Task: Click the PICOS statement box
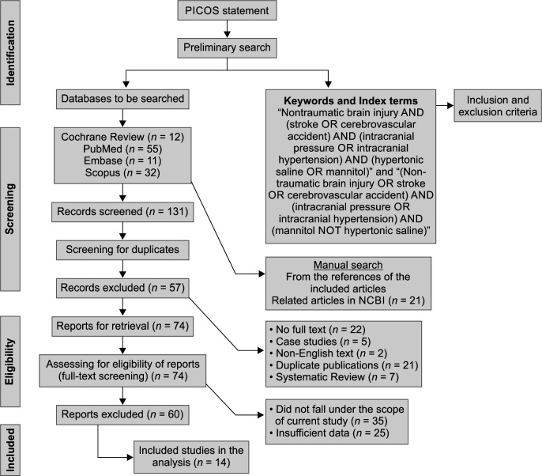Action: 227,11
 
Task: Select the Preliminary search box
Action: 227,47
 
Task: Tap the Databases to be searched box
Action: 122,99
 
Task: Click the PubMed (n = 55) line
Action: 122,149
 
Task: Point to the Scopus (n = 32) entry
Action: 122,172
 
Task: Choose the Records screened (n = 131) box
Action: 122,212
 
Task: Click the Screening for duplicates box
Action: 122,250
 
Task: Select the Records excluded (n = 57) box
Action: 122,288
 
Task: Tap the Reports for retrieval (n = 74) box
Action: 122,327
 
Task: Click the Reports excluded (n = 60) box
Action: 122,414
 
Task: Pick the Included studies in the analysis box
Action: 191,457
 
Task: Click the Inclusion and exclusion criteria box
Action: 498,106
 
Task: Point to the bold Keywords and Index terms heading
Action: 351,100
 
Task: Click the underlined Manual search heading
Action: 348,265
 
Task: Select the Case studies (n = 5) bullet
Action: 321,342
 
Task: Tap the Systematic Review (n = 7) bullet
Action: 335,376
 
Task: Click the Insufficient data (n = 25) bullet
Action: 329,433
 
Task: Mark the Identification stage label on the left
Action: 10,52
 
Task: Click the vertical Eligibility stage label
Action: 10,361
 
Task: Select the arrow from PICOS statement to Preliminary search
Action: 227,28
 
